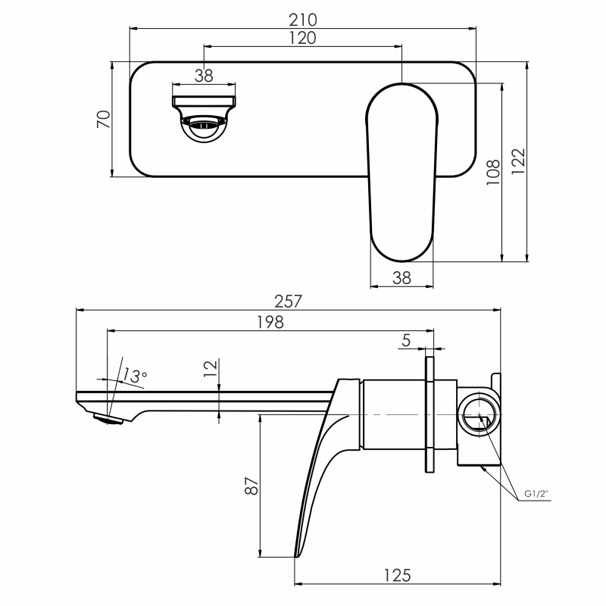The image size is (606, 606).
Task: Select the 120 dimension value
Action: pos(303,37)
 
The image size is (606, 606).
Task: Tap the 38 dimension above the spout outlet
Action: pos(204,74)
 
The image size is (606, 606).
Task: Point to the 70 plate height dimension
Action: pos(105,119)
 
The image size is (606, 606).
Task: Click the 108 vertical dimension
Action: pos(492,173)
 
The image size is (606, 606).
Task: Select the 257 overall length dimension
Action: pos(289,301)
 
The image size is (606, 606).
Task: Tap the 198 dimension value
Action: pos(270,322)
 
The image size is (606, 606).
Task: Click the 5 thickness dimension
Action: pos(407,341)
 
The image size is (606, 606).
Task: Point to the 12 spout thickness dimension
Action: pos(211,369)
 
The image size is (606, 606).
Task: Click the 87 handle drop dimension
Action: pos(252,485)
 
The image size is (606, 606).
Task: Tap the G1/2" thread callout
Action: pos(536,494)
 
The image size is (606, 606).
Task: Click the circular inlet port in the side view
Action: pos(479,416)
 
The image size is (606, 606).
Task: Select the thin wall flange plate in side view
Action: pos(430,415)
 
